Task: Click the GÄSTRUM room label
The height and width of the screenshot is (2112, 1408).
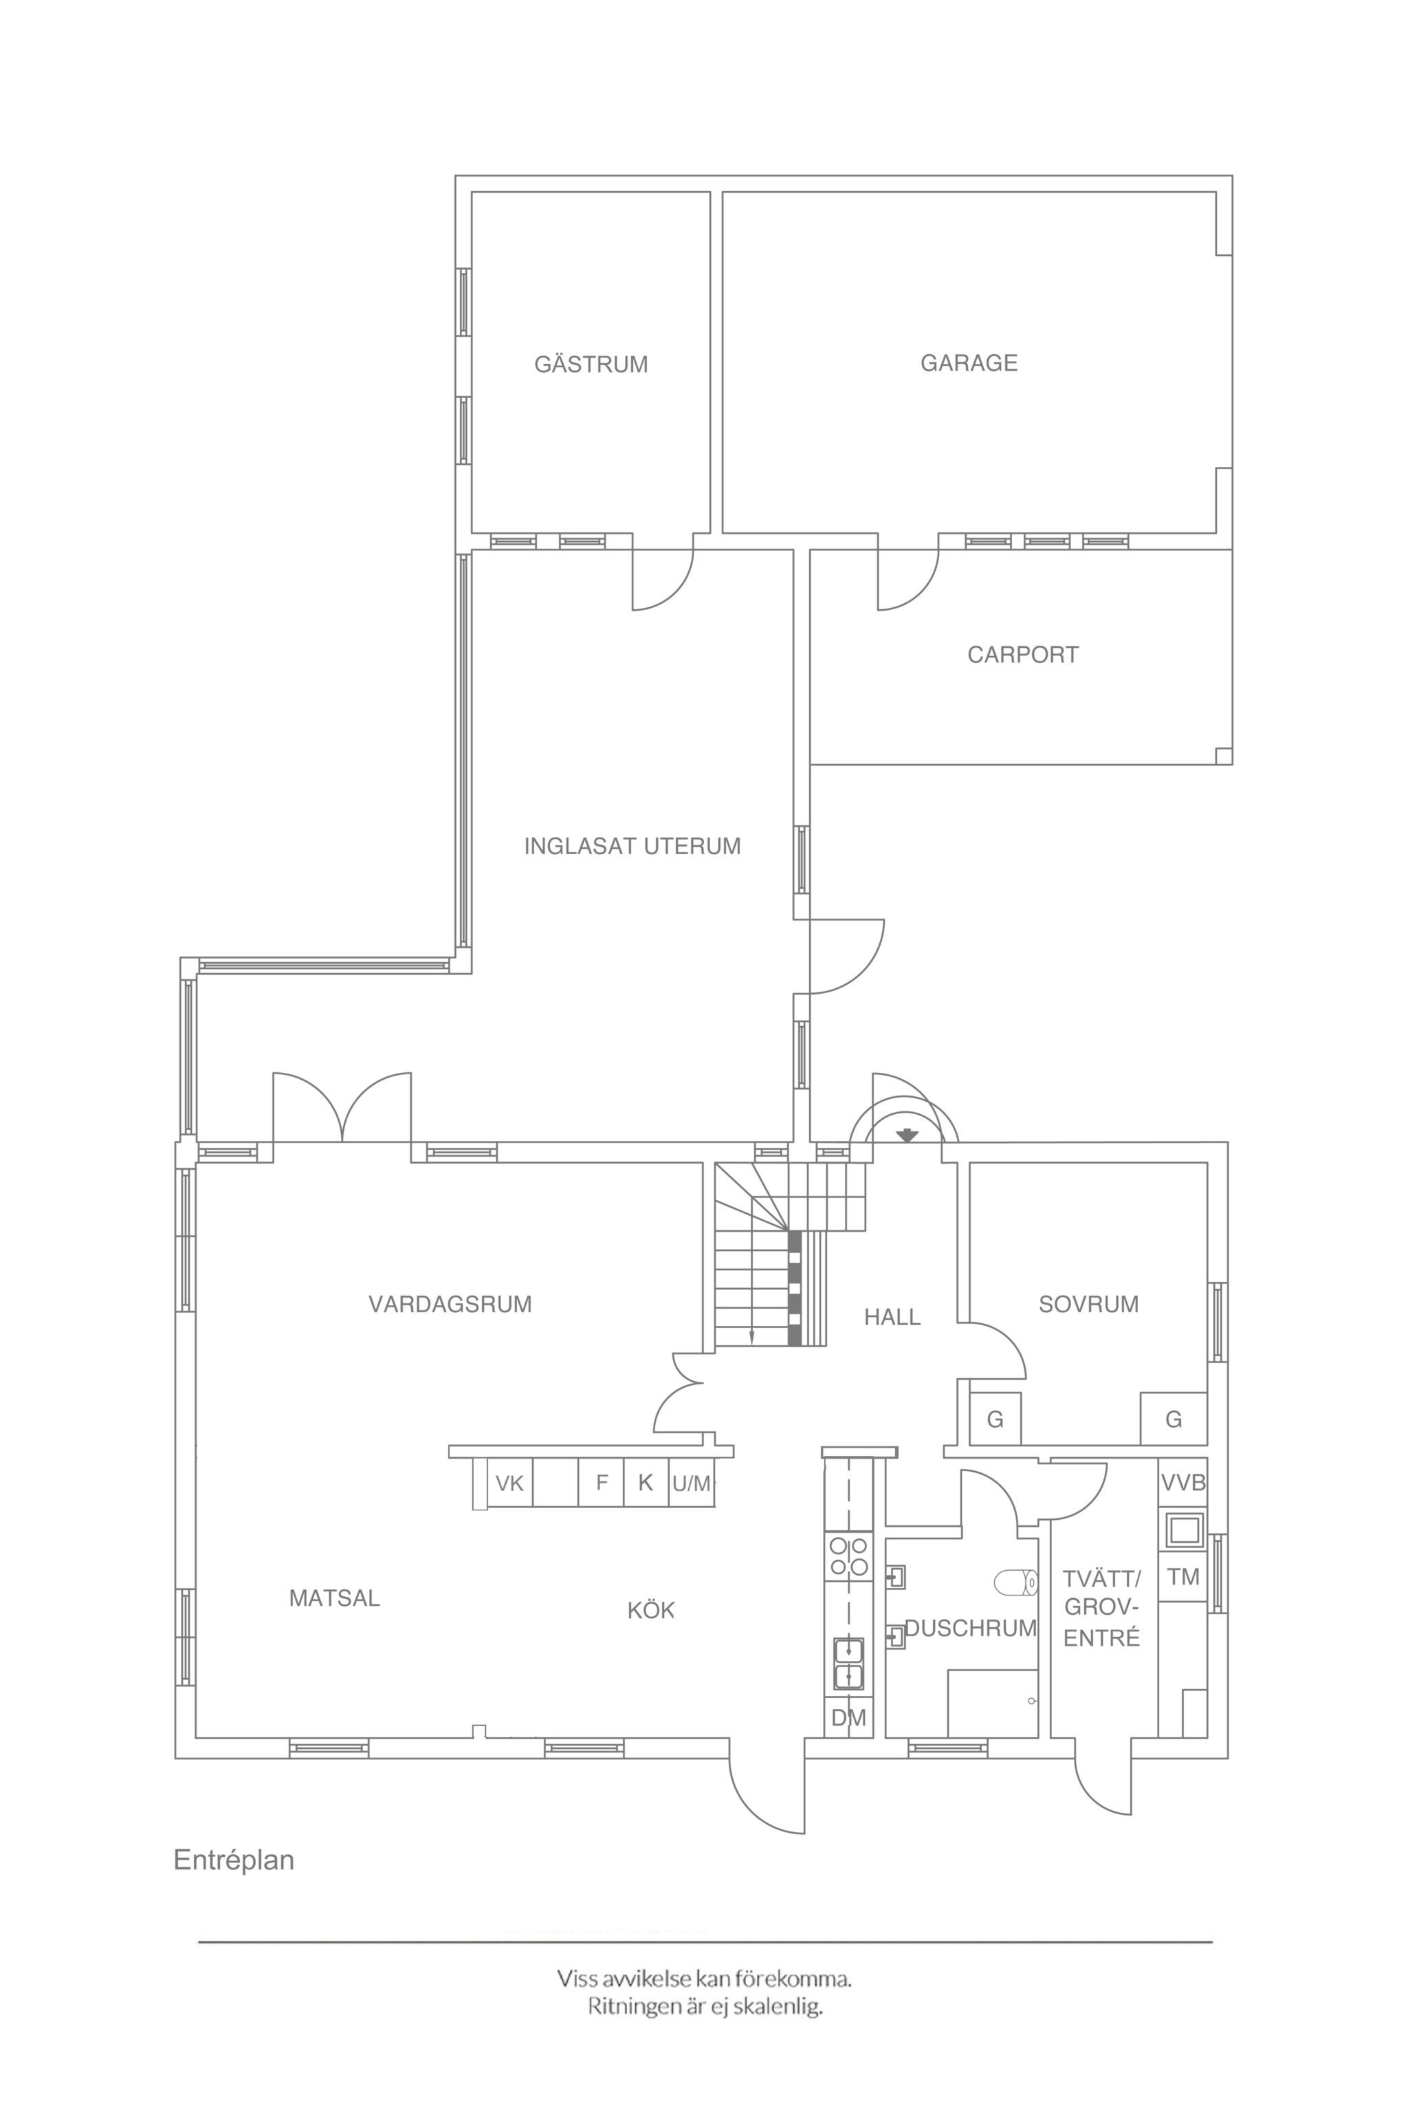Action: point(591,364)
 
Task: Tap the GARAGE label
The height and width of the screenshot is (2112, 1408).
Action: point(969,363)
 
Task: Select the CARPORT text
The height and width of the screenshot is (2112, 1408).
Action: point(1023,655)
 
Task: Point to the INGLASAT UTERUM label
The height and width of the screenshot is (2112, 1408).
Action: point(632,846)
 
